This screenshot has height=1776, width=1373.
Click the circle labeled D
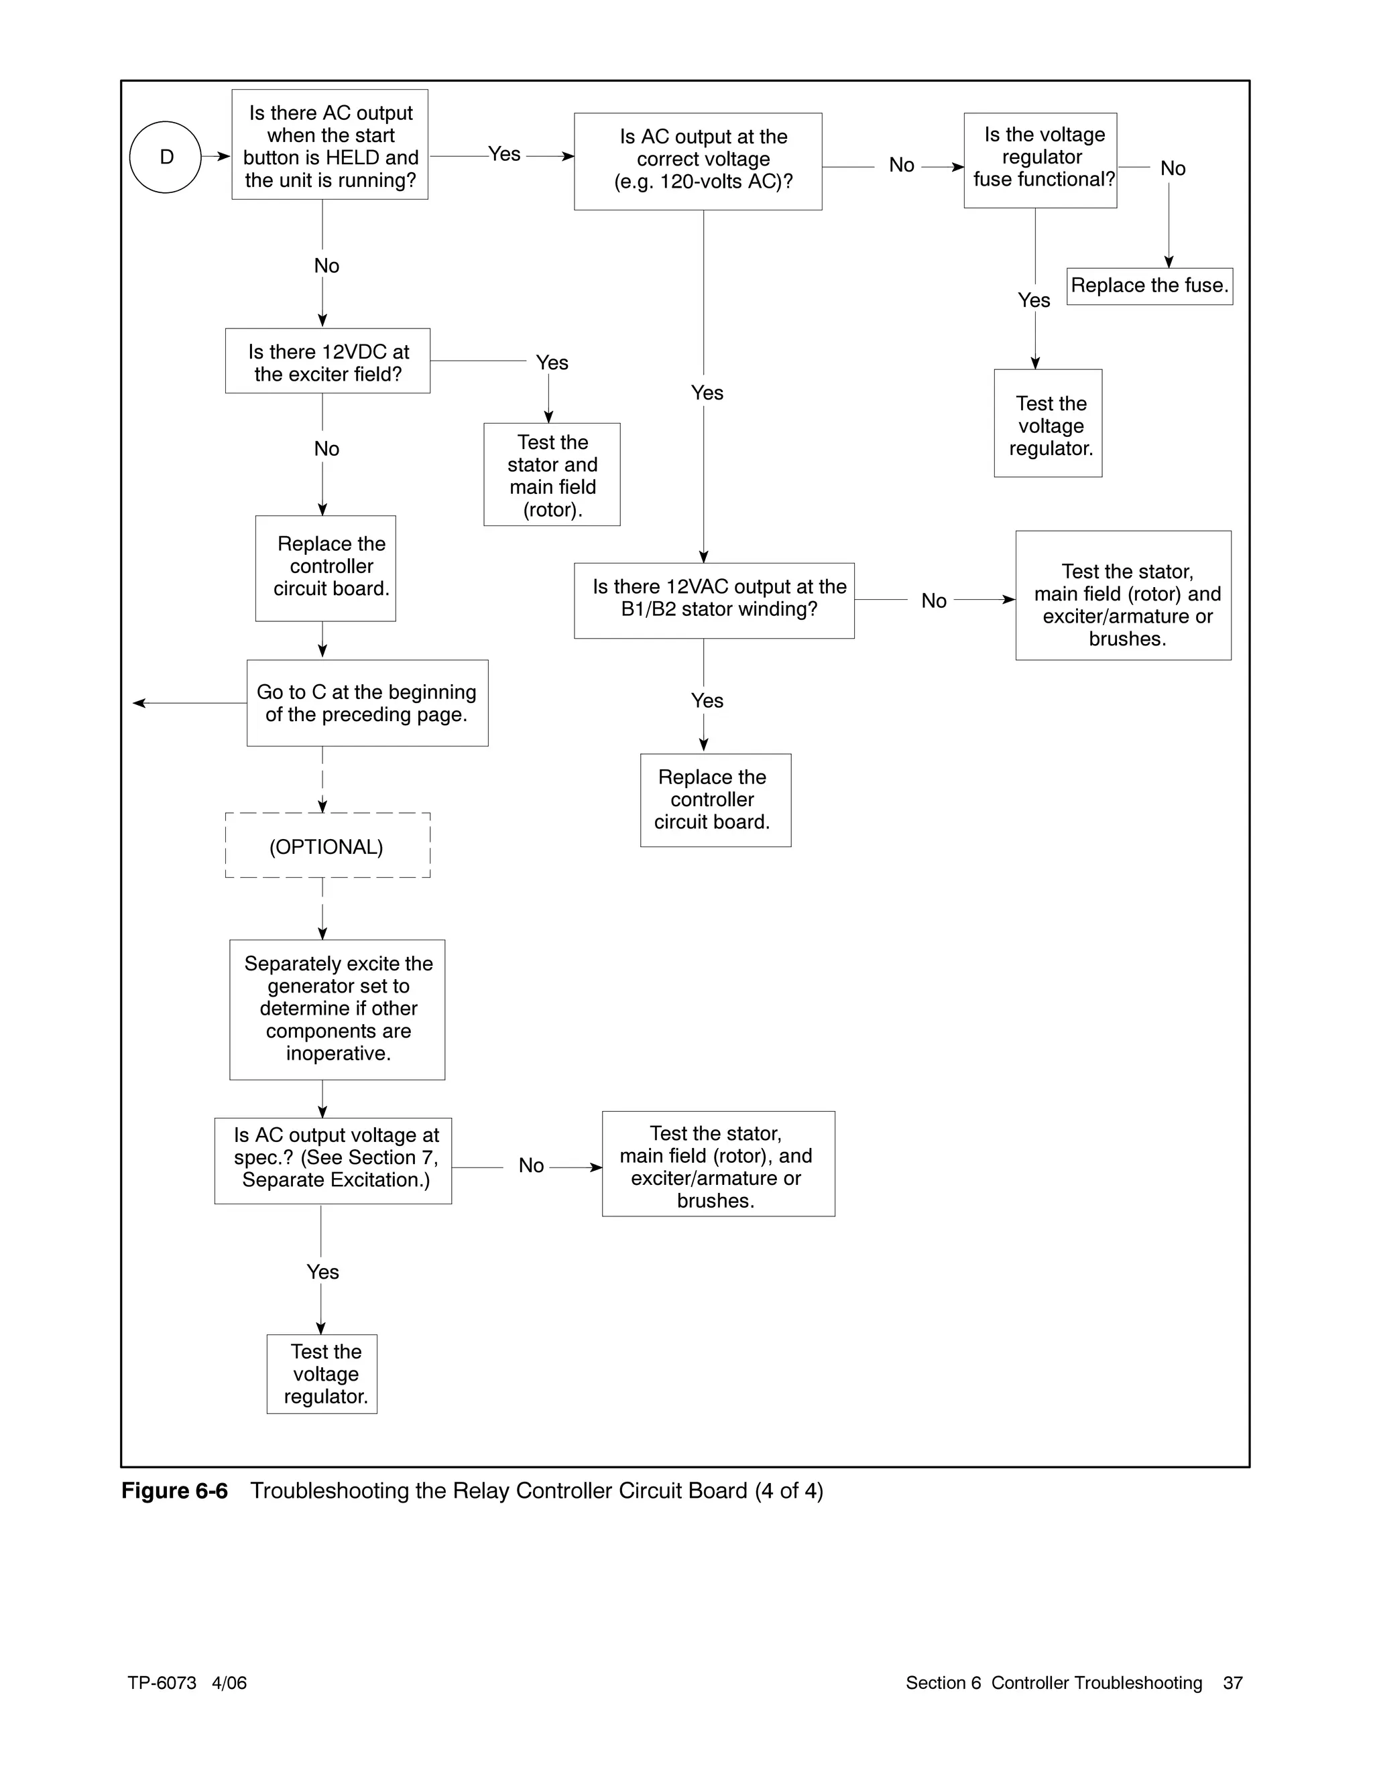(x=165, y=157)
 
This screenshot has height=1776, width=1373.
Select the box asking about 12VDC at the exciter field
(x=328, y=361)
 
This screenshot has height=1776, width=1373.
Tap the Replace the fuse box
(x=1149, y=286)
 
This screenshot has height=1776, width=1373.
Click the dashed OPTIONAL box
(x=327, y=846)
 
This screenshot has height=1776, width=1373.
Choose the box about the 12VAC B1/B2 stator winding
(x=713, y=600)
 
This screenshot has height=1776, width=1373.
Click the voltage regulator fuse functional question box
(x=1040, y=160)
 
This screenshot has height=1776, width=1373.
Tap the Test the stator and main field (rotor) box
(x=552, y=475)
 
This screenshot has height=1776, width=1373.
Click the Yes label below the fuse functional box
(x=1034, y=301)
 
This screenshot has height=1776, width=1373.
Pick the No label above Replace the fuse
(x=1172, y=169)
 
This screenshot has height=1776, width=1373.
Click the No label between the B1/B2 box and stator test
(x=933, y=601)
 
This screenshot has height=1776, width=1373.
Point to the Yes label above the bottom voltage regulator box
(x=322, y=1272)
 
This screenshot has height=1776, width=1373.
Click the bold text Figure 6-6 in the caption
(x=174, y=1490)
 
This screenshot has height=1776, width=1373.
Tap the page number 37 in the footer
(x=1232, y=1682)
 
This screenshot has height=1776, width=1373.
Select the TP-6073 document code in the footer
(x=162, y=1682)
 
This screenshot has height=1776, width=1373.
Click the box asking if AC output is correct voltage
(x=697, y=161)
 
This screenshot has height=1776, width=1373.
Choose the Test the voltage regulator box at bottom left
(x=322, y=1373)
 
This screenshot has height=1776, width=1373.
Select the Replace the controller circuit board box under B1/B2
(x=715, y=800)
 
